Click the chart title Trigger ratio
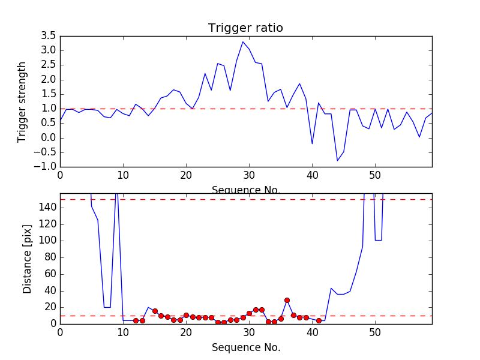click(x=245, y=28)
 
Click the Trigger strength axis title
click(x=22, y=101)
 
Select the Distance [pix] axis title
click(x=28, y=259)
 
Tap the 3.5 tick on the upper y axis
click(x=48, y=36)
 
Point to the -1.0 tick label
click(x=46, y=167)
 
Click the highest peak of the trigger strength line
click(x=243, y=41)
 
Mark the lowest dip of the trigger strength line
click(x=337, y=161)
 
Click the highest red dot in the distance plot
click(x=287, y=300)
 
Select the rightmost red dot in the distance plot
click(x=319, y=320)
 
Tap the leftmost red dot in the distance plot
click(x=136, y=320)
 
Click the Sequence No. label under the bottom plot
click(x=245, y=347)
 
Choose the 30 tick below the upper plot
click(x=249, y=176)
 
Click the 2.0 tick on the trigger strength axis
click(x=48, y=80)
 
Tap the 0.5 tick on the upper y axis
click(x=48, y=124)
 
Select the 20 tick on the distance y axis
click(x=50, y=307)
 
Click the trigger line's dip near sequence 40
click(x=312, y=143)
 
